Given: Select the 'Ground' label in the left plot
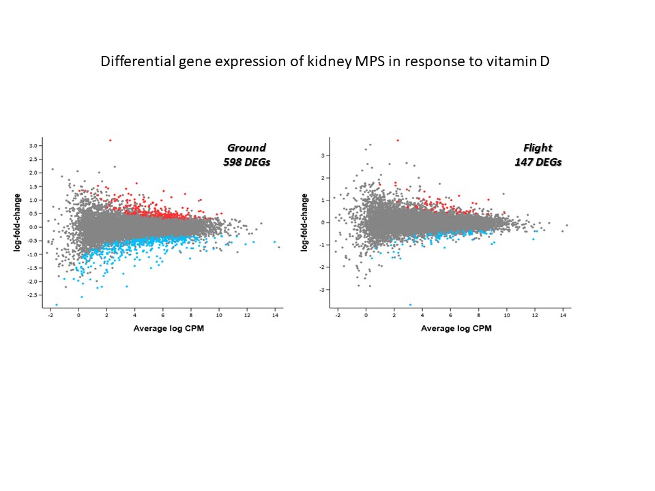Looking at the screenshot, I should click(246, 147).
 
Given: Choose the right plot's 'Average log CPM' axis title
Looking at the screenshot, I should click(451, 328).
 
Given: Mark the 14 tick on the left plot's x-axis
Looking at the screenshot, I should click(275, 316).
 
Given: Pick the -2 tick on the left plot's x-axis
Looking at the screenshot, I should click(50, 316).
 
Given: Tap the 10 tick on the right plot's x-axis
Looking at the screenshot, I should click(507, 316).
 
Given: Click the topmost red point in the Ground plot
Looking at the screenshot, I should click(110, 140).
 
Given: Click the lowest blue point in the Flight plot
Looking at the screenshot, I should click(410, 305).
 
